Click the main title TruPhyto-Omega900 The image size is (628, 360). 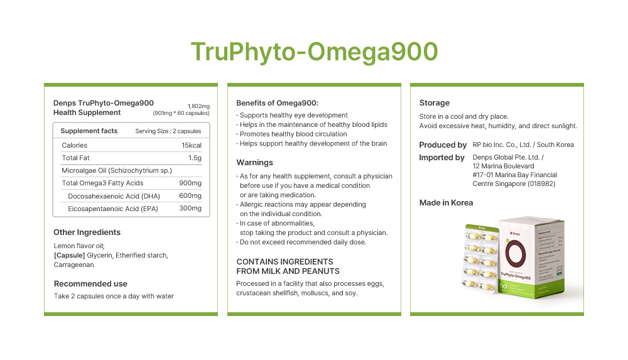click(x=314, y=52)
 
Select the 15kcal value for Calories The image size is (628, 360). click(x=191, y=145)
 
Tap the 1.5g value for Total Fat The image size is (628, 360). click(x=195, y=158)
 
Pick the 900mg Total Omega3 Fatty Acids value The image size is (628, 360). click(x=190, y=183)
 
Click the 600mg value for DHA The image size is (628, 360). click(x=190, y=196)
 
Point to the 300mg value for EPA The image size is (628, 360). click(x=190, y=209)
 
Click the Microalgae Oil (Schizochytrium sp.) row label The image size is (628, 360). click(x=117, y=170)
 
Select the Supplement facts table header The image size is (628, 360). click(x=89, y=131)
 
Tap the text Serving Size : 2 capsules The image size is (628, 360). click(x=168, y=131)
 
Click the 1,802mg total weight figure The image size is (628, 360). click(x=198, y=106)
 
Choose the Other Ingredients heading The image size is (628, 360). click(x=87, y=232)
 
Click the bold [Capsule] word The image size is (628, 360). click(x=69, y=255)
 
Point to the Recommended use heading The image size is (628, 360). click(x=90, y=283)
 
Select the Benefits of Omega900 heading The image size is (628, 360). click(x=277, y=103)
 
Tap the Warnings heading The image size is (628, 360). click(x=254, y=162)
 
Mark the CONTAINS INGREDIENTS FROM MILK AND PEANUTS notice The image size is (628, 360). click(x=288, y=266)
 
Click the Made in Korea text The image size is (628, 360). click(x=446, y=202)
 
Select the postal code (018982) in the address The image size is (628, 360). click(x=540, y=184)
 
